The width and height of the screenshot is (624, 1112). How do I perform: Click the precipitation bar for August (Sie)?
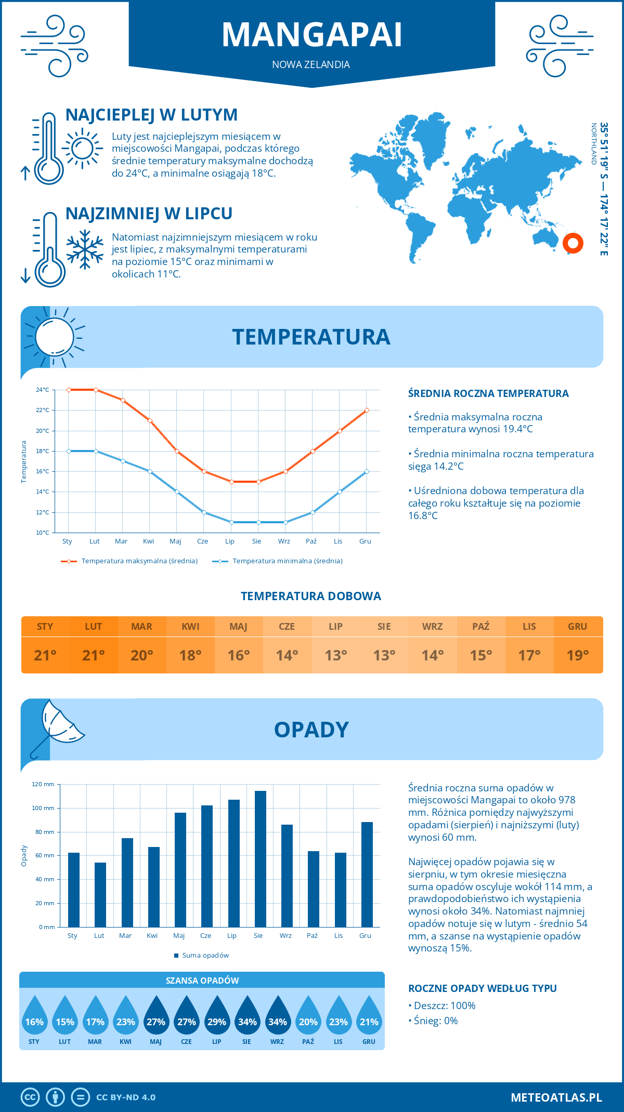pos(261,858)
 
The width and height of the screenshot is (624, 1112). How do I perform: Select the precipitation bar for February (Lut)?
pos(100,894)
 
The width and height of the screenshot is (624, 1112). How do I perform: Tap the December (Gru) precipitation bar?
pos(367,874)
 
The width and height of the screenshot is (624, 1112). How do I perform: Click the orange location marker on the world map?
pos(573,243)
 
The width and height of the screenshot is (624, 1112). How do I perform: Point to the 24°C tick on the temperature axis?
pos(43,390)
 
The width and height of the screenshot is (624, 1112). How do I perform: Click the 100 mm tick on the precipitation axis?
pos(43,808)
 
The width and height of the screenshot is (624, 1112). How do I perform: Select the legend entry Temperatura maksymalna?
pos(129,561)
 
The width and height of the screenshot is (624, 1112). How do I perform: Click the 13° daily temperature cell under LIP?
pos(335,655)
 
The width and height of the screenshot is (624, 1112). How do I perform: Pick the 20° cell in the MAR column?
pos(142,655)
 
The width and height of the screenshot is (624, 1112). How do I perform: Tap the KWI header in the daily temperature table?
pos(190,627)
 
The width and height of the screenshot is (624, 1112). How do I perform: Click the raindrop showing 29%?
pos(217,1018)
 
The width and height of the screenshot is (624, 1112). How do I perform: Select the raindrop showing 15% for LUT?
pos(65,1018)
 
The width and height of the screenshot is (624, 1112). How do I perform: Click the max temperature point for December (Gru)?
pos(367,411)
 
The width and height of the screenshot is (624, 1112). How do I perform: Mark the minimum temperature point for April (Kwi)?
pos(150,471)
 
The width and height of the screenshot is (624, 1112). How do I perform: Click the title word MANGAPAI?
pos(312,35)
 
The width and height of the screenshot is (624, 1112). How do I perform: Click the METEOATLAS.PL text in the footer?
pos(556,1097)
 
